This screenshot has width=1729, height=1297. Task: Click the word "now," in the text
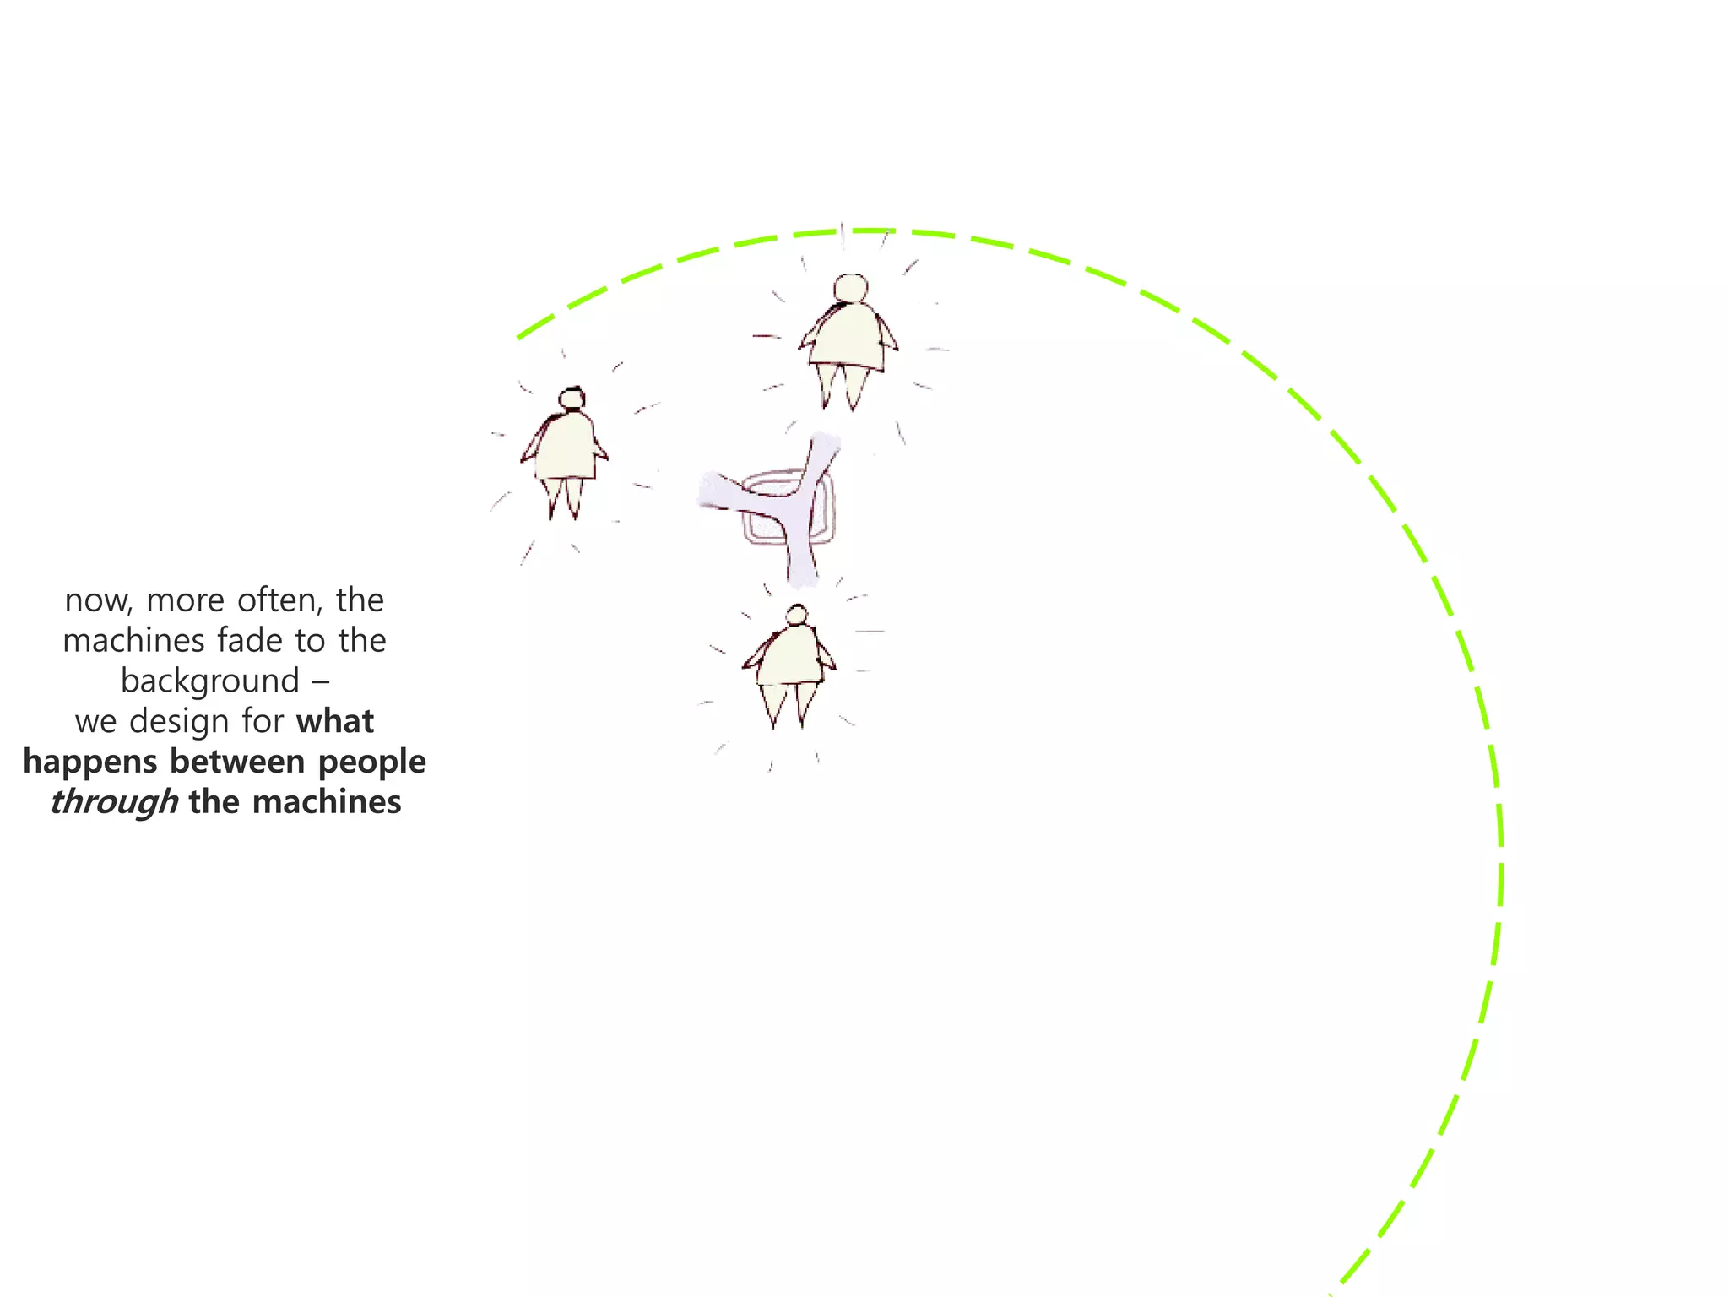pyautogui.click(x=98, y=601)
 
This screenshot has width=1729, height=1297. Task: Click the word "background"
pyautogui.click(x=210, y=681)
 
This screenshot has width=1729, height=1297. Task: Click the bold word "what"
pyautogui.click(x=334, y=722)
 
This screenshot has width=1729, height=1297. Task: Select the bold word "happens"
pyautogui.click(x=90, y=762)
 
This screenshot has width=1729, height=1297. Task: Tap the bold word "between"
pyautogui.click(x=237, y=762)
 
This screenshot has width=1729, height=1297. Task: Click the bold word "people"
pyautogui.click(x=371, y=762)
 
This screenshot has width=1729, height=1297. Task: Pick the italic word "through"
pyautogui.click(x=114, y=802)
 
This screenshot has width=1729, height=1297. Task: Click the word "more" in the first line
pyautogui.click(x=185, y=601)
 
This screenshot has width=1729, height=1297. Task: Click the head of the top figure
pyautogui.click(x=850, y=288)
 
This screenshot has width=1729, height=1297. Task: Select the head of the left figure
pyautogui.click(x=572, y=399)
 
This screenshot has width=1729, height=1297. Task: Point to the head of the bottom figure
pyautogui.click(x=796, y=616)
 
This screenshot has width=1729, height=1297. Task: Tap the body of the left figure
pyautogui.click(x=566, y=446)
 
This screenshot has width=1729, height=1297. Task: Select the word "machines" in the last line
pyautogui.click(x=327, y=802)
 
